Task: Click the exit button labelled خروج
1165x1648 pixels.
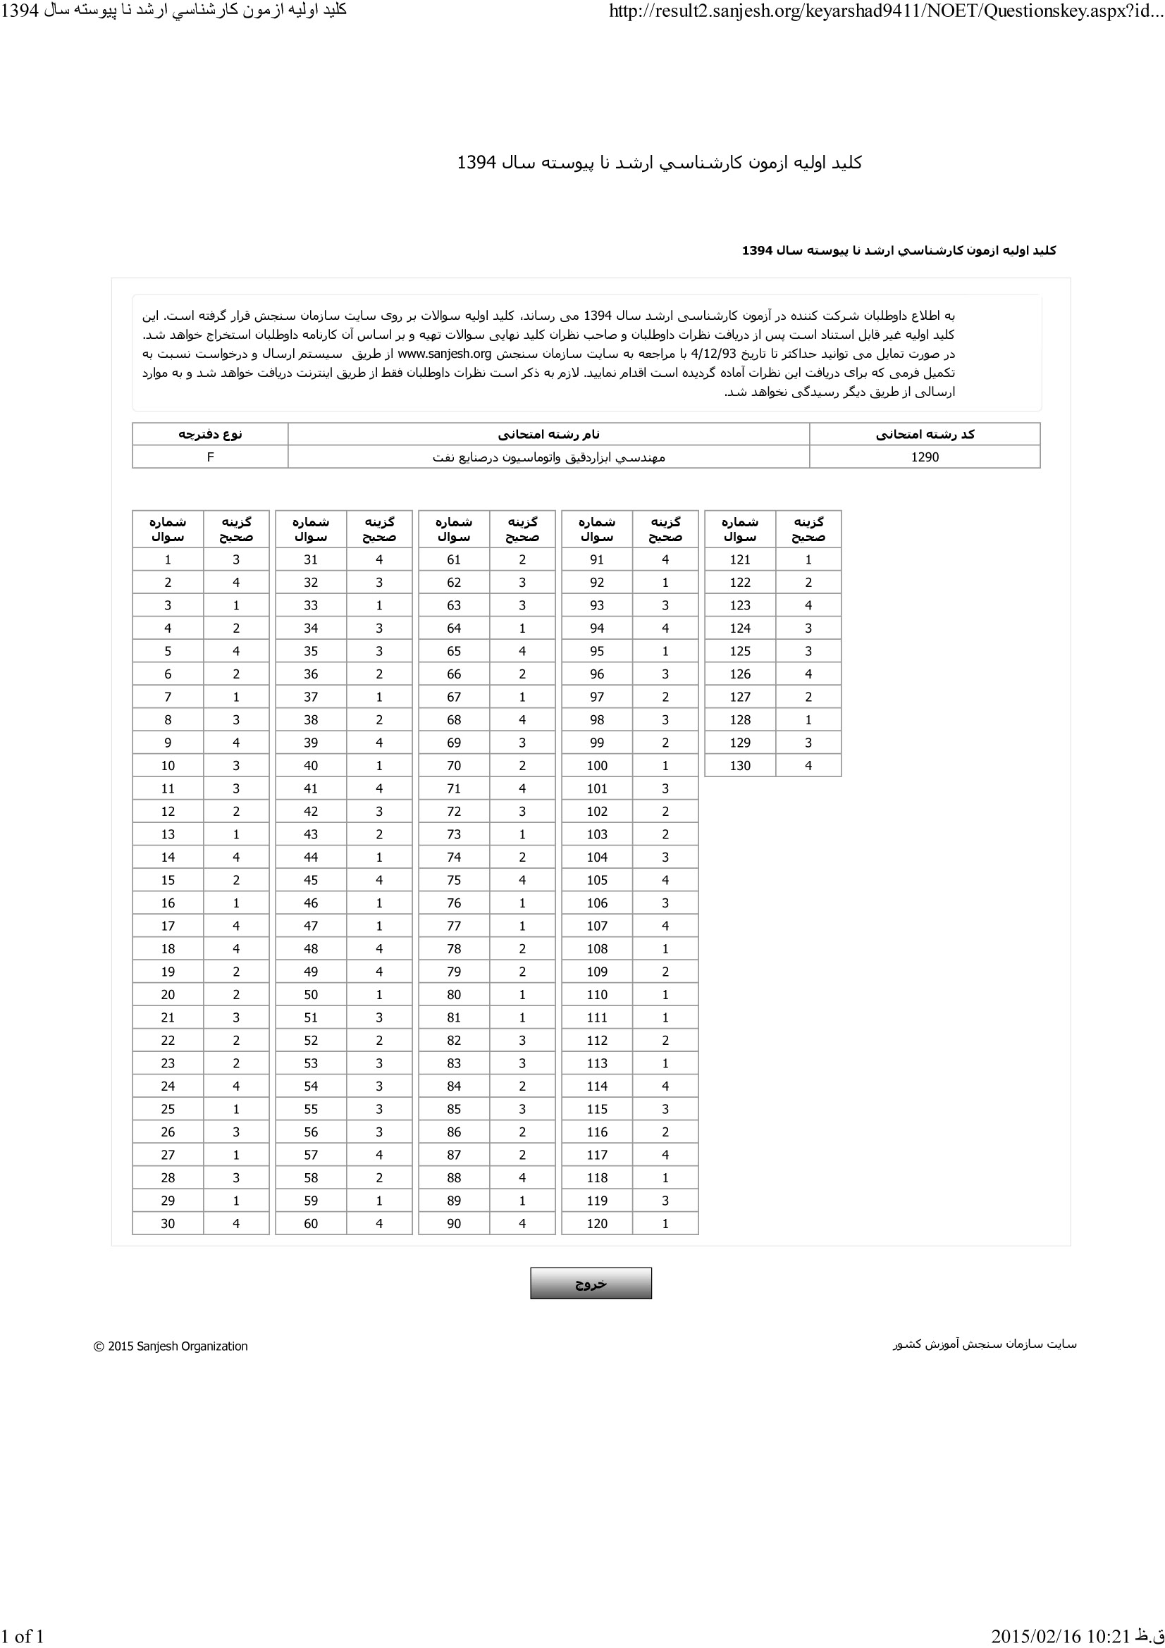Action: coord(591,1283)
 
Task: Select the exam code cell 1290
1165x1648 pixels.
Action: coord(925,457)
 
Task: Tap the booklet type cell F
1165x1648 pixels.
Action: coord(210,457)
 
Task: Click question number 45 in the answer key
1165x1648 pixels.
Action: coord(311,880)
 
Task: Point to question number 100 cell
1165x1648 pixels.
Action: coord(596,766)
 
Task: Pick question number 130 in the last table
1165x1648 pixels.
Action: coord(740,766)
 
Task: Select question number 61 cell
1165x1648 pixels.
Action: coord(454,560)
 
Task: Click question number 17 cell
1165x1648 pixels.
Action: coord(168,926)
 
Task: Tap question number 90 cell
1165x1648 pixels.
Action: coord(454,1224)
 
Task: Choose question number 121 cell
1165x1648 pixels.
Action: coord(740,560)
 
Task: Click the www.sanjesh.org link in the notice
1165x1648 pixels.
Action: coord(444,354)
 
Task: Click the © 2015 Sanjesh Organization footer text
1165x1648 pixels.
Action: coord(171,1346)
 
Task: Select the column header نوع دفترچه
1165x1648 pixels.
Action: coord(210,434)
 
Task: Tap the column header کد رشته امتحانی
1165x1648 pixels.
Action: coord(925,434)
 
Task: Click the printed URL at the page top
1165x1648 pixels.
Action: coord(886,11)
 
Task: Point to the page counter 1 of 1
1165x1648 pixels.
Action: coord(23,1636)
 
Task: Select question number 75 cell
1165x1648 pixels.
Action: coord(454,880)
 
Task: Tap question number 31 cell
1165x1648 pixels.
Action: coord(311,560)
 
